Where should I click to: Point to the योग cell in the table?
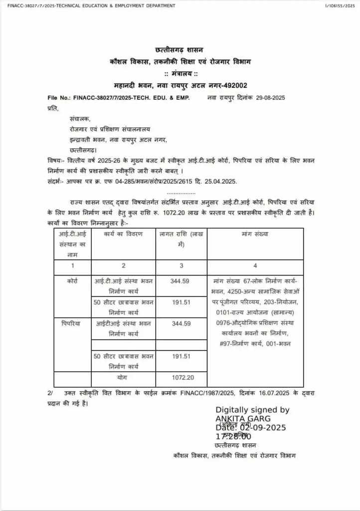pos(123,378)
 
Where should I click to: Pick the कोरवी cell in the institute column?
pos(73,281)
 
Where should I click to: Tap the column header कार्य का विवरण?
pos(123,234)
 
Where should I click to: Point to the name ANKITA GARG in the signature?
pos(243,418)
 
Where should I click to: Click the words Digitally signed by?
pos(252,410)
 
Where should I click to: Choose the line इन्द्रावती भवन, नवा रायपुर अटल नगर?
pos(119,139)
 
